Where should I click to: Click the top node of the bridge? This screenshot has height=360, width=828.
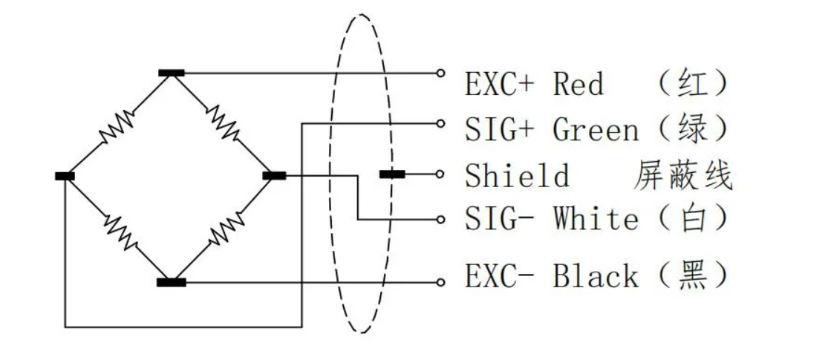point(172,73)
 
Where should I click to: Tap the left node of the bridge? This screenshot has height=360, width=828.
point(65,177)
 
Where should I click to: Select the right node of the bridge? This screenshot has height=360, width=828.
point(275,176)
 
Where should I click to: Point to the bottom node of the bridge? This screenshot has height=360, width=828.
point(172,282)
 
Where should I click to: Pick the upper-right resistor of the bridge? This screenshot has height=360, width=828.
point(223,123)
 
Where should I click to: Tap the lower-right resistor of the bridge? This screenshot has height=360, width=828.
point(226,229)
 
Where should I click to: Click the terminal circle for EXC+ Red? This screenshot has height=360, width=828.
point(440,73)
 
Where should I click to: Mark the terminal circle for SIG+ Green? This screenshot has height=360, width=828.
point(440,123)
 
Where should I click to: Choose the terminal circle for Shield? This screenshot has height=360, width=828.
point(440,174)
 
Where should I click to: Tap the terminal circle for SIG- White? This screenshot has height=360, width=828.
point(440,220)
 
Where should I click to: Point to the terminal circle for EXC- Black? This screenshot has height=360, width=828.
point(440,282)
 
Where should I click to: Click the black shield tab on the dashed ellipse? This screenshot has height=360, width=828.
point(392,174)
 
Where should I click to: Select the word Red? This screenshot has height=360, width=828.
point(578,83)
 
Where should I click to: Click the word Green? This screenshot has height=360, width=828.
point(596,130)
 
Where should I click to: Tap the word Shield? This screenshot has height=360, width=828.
point(518,176)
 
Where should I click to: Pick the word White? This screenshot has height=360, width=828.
point(596,219)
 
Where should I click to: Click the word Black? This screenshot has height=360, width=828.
point(596,276)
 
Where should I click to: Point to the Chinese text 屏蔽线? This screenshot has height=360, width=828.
point(682,176)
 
